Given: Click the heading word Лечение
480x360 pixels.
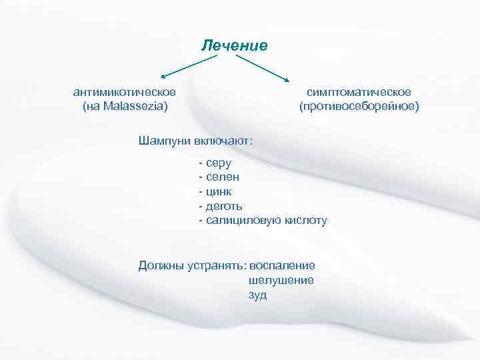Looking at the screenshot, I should coord(235,45).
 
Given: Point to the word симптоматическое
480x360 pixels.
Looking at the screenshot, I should coord(359,91).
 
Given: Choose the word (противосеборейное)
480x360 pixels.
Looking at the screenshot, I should coord(359,105).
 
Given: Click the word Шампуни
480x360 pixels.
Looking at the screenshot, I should coord(165,141).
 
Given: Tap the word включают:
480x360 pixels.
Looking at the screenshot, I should coord(224,141).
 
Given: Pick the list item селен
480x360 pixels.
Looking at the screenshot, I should coord(223,177).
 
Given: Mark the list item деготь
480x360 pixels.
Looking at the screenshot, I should coord(224,206).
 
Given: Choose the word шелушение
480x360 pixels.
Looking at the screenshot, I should coord(281,280).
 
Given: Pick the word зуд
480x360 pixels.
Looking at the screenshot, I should coord(257,295).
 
